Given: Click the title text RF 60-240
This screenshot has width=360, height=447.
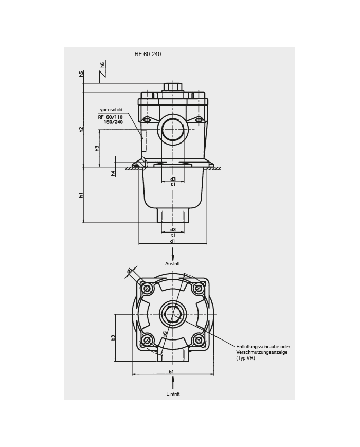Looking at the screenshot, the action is pos(148,54).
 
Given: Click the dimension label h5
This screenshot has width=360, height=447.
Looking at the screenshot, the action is pos(82,74).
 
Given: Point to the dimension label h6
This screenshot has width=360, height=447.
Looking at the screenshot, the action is pos(102,65).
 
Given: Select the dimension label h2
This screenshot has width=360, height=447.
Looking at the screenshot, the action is pos(82,130).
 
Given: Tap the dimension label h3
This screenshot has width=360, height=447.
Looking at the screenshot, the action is pos(97,148).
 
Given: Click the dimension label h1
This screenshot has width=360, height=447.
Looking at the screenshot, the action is pos(82,195).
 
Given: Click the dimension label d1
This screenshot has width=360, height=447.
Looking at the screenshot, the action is pos(173,241).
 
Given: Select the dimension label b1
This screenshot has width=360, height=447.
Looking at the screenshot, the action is pos(171,372).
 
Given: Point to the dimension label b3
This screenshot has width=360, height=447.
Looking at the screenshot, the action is pos(113,337).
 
